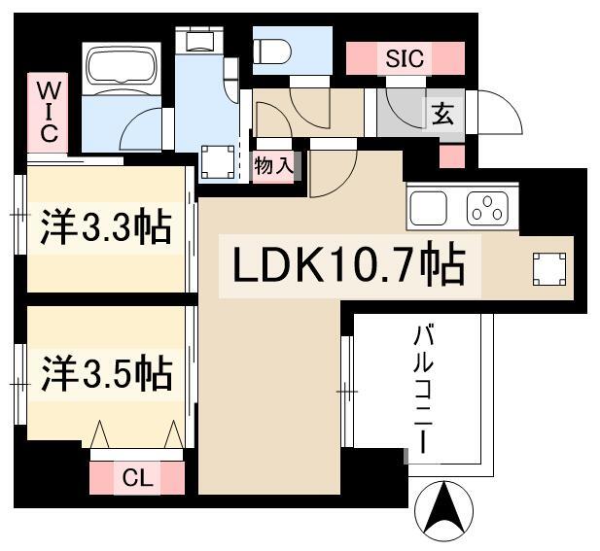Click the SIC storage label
click(x=405, y=58)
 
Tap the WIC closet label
click(x=49, y=113)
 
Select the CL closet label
click(x=137, y=478)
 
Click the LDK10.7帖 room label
click(x=349, y=264)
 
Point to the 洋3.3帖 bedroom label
click(x=106, y=227)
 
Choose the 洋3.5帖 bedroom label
click(x=107, y=373)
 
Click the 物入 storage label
click(x=273, y=166)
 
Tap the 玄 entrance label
click(x=442, y=115)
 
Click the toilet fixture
click(x=272, y=52)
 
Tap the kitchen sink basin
click(x=429, y=208)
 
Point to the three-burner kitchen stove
click(x=487, y=208)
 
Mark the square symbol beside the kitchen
click(x=549, y=269)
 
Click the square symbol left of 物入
click(x=218, y=161)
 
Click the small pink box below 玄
click(x=452, y=156)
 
